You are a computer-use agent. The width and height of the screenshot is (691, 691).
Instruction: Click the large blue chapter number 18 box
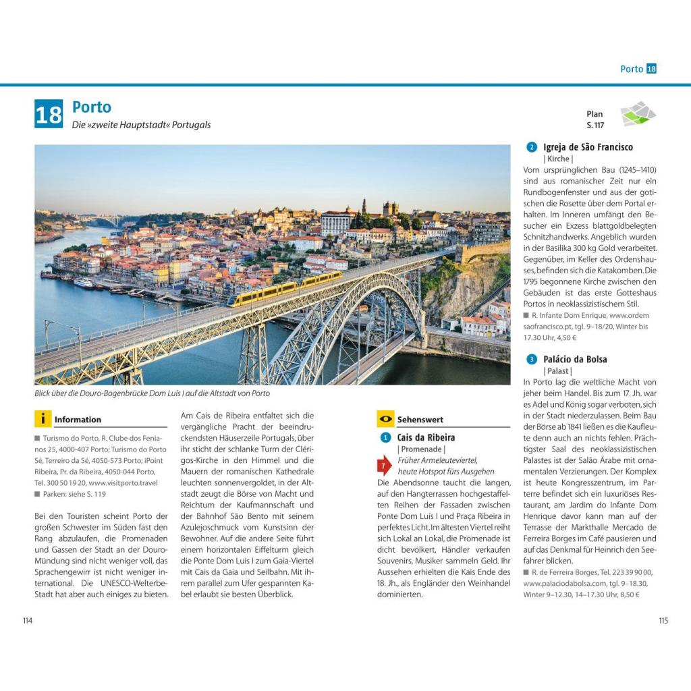coord(49,114)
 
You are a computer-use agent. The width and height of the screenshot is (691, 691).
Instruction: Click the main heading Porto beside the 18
coord(92,107)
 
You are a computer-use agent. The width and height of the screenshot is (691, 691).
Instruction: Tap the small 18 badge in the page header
coord(651,69)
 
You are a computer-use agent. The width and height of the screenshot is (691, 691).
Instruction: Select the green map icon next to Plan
coord(637,114)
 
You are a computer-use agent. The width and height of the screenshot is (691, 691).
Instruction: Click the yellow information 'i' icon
coord(43,419)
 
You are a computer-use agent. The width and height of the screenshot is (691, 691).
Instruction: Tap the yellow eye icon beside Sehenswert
coord(385,419)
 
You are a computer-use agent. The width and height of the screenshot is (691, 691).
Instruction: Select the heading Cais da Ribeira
coord(426,437)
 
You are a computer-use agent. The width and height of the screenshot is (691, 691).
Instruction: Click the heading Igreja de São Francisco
coord(588,147)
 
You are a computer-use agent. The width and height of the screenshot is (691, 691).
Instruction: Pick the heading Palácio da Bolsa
coord(575,359)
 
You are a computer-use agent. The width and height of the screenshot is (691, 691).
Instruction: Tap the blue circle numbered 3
coord(532,359)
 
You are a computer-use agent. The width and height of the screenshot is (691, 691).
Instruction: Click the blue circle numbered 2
coord(532,147)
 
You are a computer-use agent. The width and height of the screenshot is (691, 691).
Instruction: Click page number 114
coord(28,621)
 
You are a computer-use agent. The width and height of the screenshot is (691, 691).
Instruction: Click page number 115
coord(663,621)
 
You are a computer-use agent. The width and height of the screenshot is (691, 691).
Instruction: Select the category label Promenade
coord(421,449)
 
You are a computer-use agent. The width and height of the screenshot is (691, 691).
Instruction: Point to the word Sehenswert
coord(420,420)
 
